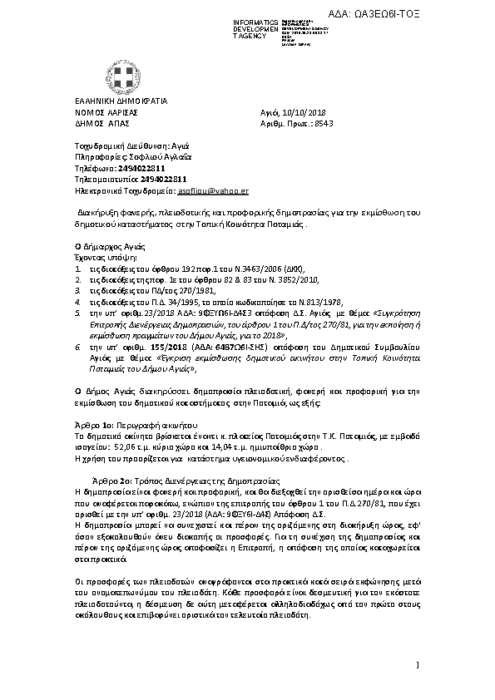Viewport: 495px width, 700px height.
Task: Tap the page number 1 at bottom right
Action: pos(418,663)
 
